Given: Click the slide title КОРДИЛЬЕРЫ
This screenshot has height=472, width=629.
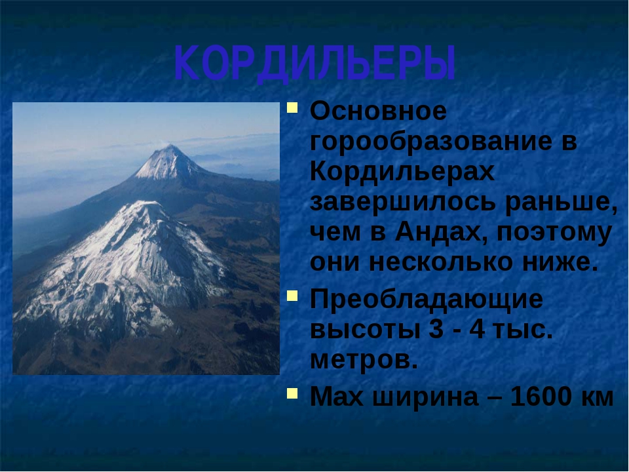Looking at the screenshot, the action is [x=315, y=64].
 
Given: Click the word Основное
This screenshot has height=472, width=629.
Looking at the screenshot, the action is [x=378, y=111].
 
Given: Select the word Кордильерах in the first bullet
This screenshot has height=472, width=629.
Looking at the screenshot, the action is [x=402, y=172].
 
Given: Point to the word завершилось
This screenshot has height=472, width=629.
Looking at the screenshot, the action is [x=403, y=202].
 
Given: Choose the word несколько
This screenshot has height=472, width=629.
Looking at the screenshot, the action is [x=440, y=263].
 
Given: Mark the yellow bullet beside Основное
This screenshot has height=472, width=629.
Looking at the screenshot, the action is [x=292, y=108].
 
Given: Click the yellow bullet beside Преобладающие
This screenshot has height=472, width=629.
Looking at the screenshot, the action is [x=292, y=296].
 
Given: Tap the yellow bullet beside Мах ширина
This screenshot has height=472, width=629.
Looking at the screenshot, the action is [x=292, y=393].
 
